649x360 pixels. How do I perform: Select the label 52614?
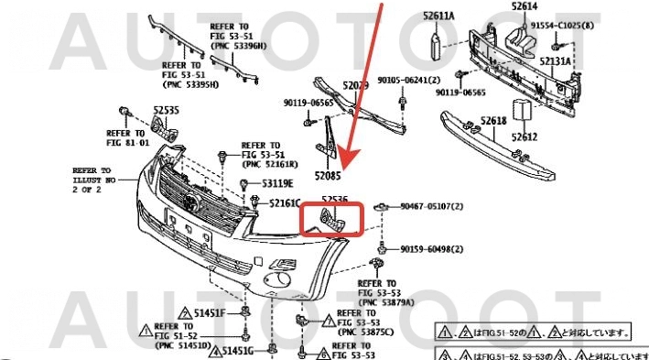coord(524,6)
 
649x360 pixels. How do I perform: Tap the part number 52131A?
coord(555,61)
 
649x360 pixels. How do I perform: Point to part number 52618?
coord(494,121)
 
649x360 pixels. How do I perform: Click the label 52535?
coord(166,110)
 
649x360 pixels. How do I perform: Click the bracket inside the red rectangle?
coord(330,221)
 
